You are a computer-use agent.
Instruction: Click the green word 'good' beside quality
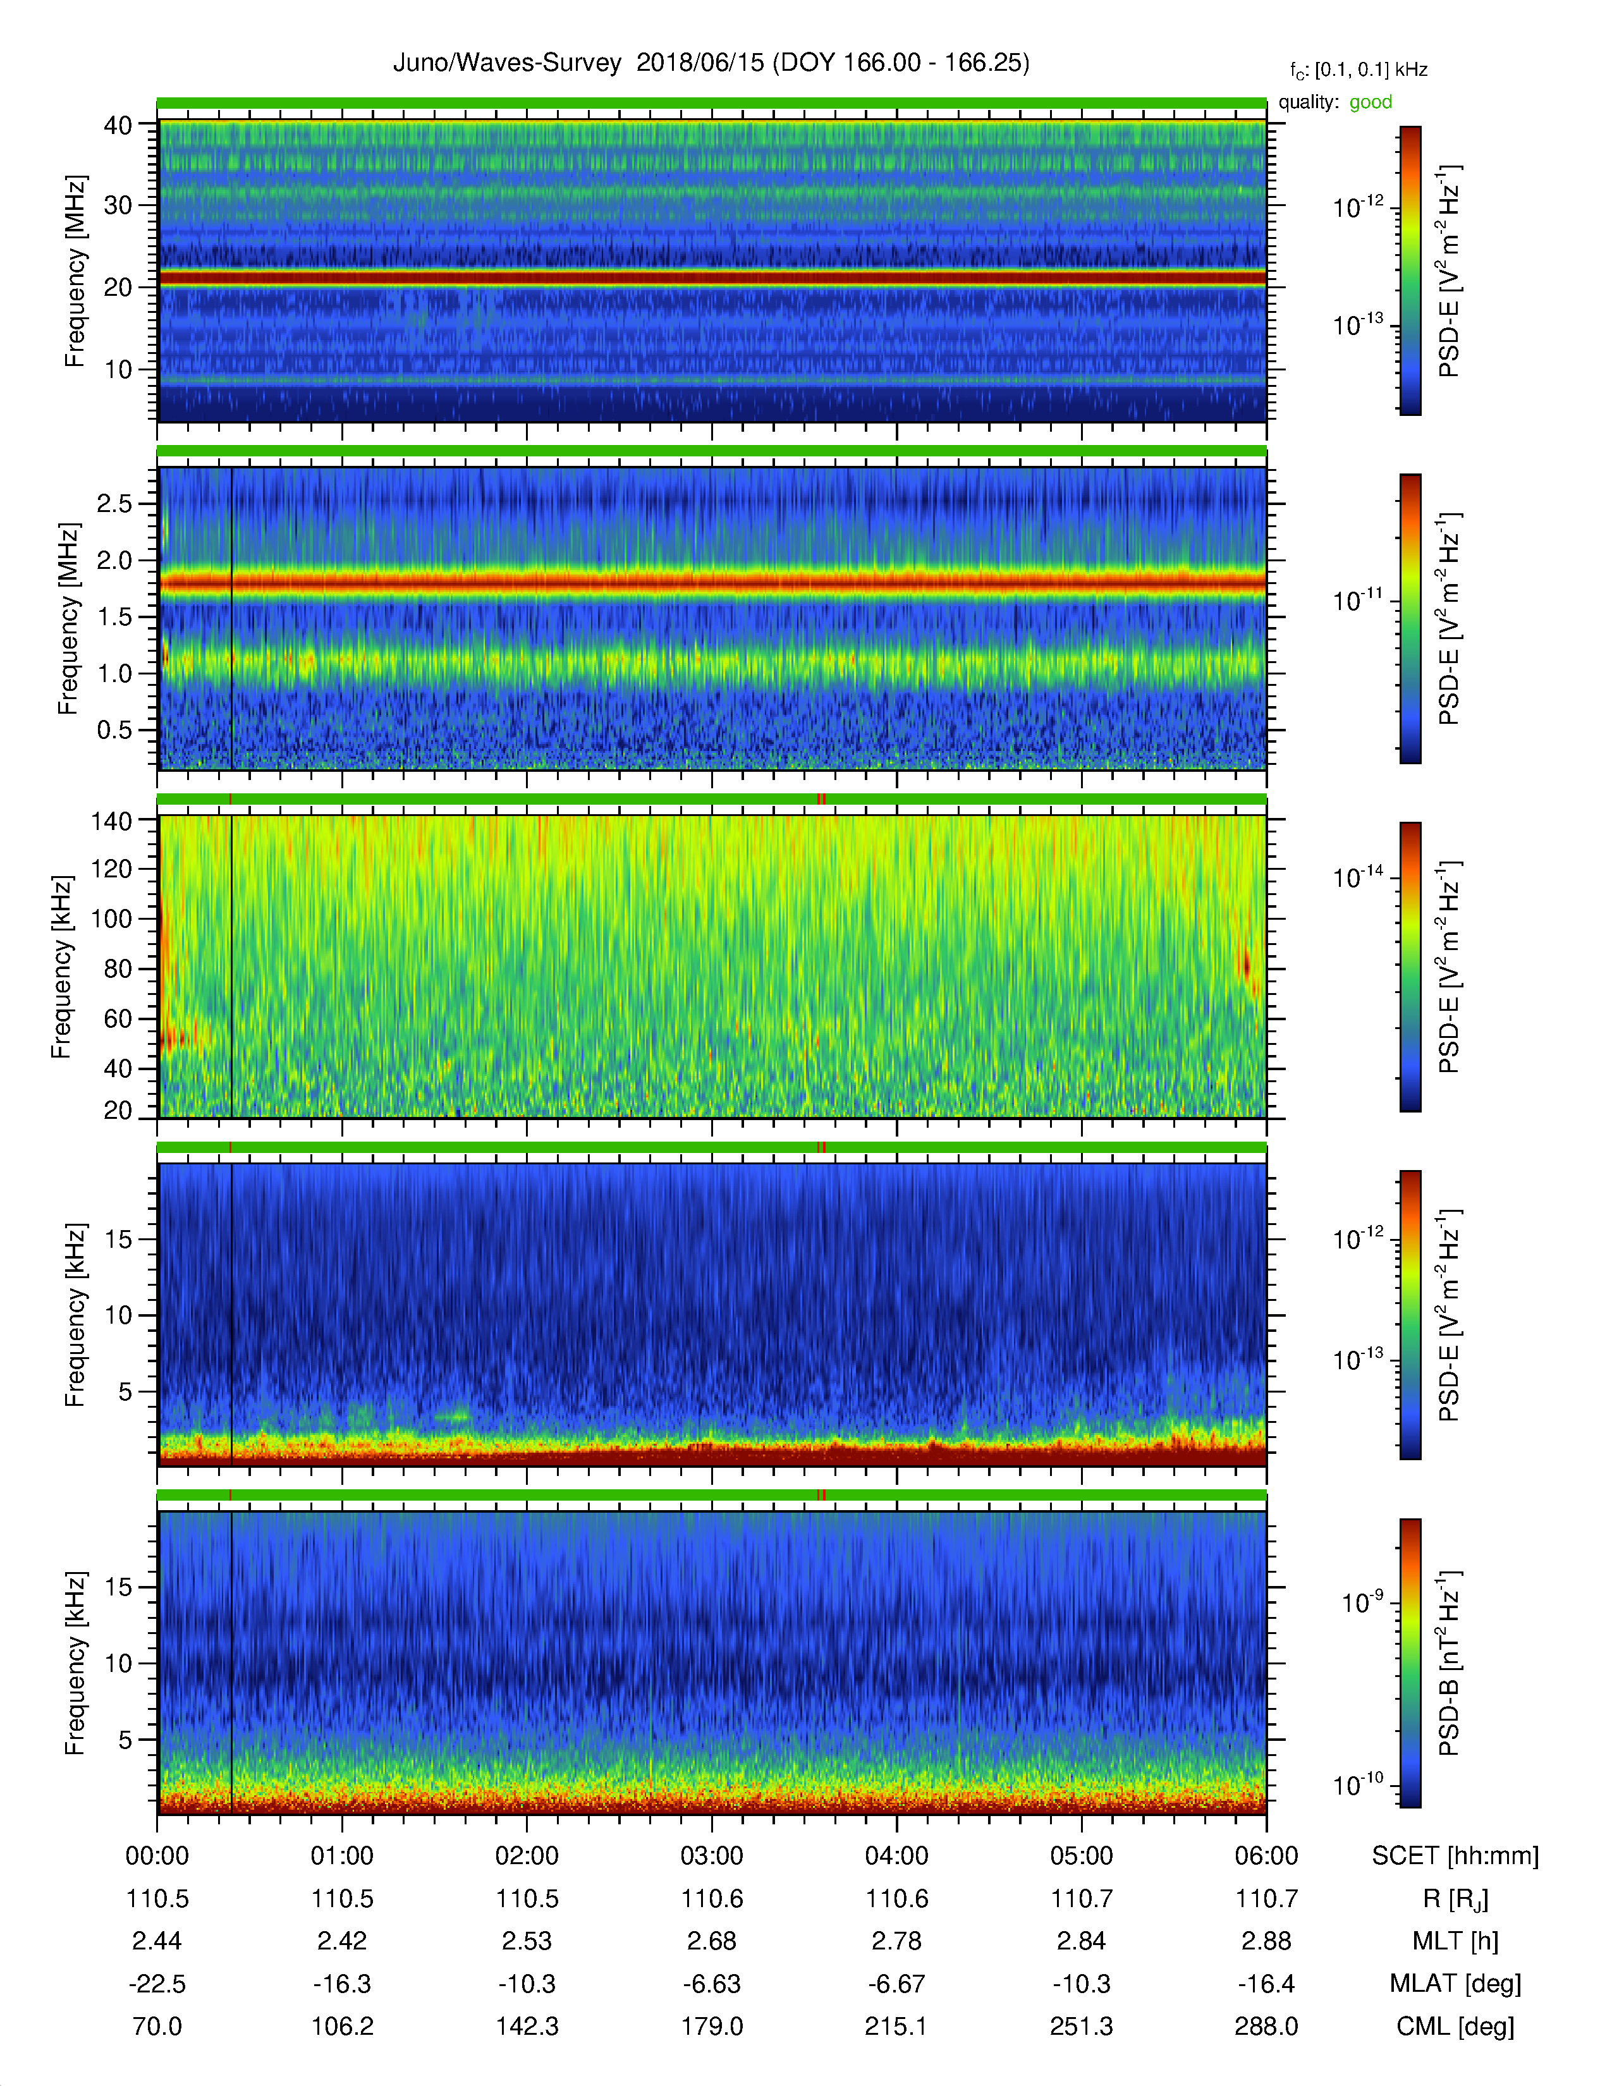[x=1371, y=102]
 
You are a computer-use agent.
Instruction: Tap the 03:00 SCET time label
[x=711, y=1856]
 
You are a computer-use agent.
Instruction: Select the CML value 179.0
[x=711, y=2026]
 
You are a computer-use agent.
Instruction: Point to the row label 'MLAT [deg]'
[x=1455, y=1985]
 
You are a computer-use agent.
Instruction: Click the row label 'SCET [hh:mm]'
[x=1455, y=1857]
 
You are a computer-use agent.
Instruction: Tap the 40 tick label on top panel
[x=118, y=125]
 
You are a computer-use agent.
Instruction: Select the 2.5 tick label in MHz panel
[x=114, y=503]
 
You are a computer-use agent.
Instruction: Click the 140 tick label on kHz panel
[x=111, y=820]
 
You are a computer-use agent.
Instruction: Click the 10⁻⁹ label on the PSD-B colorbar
[x=1362, y=1602]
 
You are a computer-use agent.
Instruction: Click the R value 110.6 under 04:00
[x=897, y=1899]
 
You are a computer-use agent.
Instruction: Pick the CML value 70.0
[x=157, y=2026]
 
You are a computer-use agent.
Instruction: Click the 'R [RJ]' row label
[x=1455, y=1900]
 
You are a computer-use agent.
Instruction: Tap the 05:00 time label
[x=1081, y=1856]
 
